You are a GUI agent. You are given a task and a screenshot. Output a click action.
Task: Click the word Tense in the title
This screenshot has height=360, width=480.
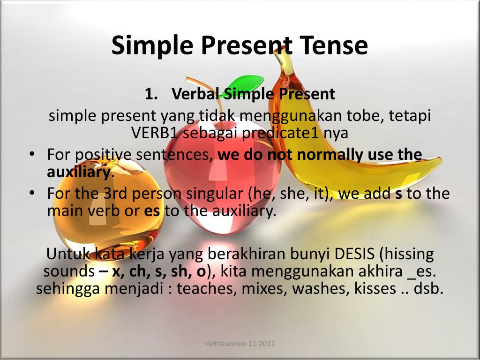(x=333, y=45)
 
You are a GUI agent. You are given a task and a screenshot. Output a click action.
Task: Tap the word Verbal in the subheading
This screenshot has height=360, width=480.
(x=195, y=94)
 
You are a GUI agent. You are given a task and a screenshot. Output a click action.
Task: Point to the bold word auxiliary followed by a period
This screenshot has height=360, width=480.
(x=78, y=172)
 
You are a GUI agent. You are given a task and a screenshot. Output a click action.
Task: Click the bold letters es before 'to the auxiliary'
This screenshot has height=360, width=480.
(x=152, y=211)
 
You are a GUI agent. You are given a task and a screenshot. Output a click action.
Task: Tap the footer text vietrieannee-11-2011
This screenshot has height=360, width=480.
(x=240, y=344)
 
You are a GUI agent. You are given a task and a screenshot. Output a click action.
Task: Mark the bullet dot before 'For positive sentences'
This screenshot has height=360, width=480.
(x=31, y=155)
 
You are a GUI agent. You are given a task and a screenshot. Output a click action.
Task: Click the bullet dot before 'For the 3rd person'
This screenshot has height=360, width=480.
(x=31, y=194)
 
